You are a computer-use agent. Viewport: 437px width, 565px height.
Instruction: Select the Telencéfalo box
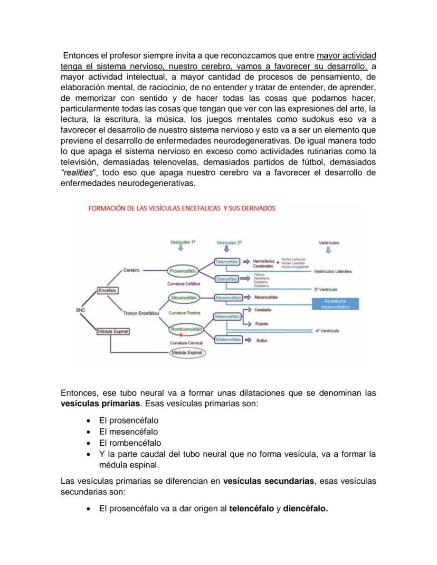pos(227,262)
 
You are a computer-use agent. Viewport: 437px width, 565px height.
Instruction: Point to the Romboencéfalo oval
pos(186,329)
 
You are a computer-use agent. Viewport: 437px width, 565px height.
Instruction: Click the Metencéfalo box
pos(227,316)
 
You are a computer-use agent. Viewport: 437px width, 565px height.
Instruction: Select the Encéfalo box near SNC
pos(108,291)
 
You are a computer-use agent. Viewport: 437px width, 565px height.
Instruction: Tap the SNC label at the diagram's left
pos(80,310)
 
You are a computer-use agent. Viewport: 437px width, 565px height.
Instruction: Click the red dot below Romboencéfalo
pos(181,334)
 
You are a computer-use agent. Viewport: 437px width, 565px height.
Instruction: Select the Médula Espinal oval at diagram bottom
pos(188,353)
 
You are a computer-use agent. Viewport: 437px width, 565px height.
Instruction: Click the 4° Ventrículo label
pos(327,331)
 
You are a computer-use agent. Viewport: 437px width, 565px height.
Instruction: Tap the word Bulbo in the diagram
pos(262,341)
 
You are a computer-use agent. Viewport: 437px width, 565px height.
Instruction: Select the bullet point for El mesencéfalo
pos(89,432)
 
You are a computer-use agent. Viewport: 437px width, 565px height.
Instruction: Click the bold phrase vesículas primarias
pos(100,404)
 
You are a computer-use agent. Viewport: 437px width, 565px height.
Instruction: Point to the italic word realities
pos(79,173)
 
